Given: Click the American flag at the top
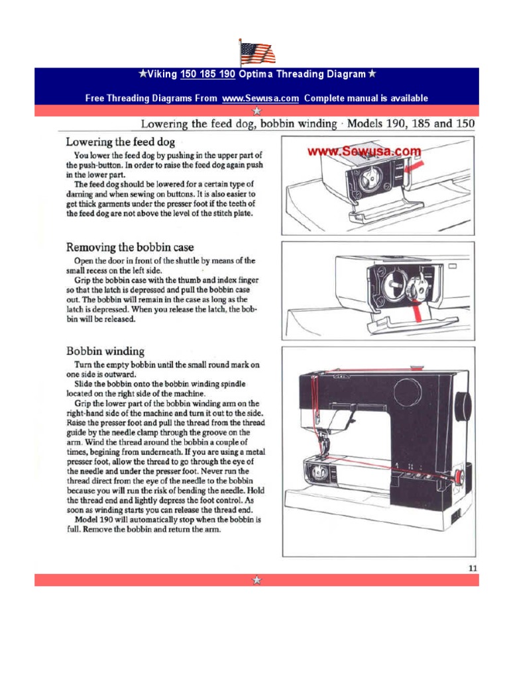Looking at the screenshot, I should point(257,52).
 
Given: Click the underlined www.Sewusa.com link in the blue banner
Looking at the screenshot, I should point(260,98).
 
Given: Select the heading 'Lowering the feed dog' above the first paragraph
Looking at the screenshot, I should point(120,142).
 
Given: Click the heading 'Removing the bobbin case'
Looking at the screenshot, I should point(130,248).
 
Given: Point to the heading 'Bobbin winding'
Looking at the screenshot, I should point(105,350).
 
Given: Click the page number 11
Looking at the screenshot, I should point(472,567).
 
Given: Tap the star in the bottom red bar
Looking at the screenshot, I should point(256,580).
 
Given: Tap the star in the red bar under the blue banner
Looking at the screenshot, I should point(256,111).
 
